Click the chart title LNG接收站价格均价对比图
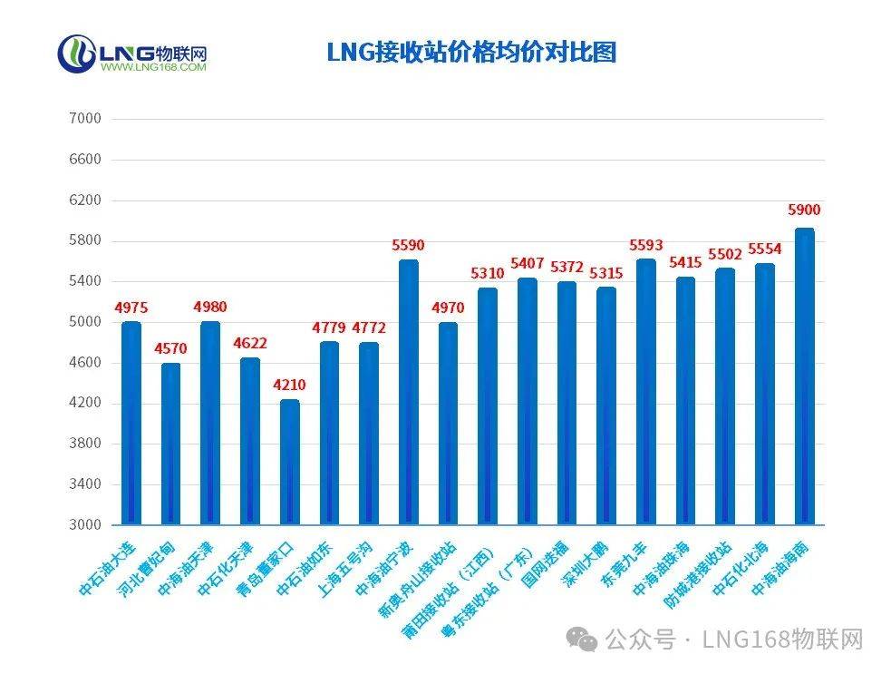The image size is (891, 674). (x=470, y=52)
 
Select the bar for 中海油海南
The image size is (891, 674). (x=804, y=376)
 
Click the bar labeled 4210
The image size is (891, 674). (x=289, y=462)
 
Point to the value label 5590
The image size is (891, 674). (x=408, y=245)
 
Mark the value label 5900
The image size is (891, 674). (x=804, y=210)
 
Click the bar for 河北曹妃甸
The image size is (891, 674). (x=170, y=444)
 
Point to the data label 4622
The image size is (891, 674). (x=249, y=344)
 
